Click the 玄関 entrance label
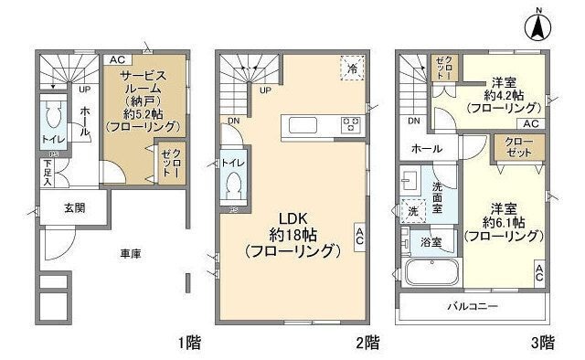pyautogui.click(x=74, y=208)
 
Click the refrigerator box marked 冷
pyautogui.click(x=352, y=68)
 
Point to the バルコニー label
pyautogui.click(x=473, y=306)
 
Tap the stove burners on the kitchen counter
pyautogui.click(x=350, y=125)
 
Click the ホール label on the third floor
pyautogui.click(x=427, y=148)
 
